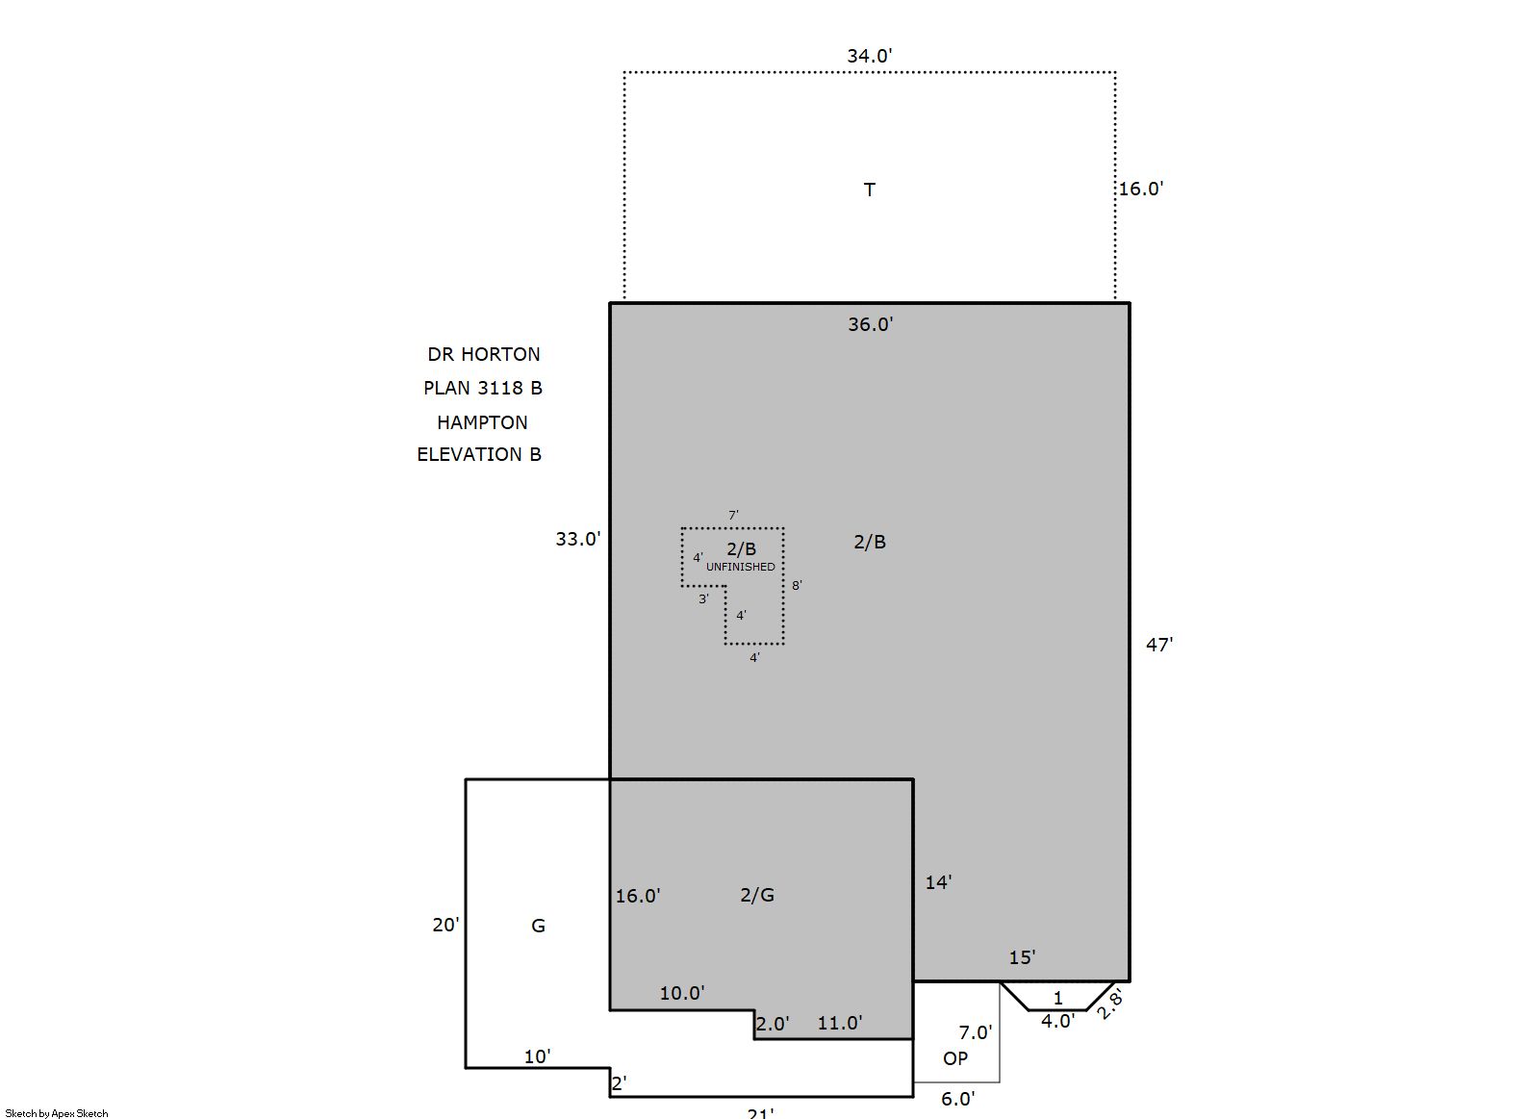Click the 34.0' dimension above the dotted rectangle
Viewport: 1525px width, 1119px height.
click(x=870, y=56)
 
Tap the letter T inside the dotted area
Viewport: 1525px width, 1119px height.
click(x=870, y=190)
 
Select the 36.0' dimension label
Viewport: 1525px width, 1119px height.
click(x=870, y=324)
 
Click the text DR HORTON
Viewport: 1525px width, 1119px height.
click(x=483, y=355)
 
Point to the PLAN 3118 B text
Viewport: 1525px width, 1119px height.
click(x=483, y=388)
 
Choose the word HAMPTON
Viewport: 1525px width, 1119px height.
click(x=482, y=422)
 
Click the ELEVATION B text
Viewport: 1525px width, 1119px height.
click(x=479, y=454)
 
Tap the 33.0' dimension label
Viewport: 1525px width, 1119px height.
click(x=578, y=539)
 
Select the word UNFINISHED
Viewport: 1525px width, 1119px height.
click(x=740, y=567)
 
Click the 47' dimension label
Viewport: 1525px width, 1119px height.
click(x=1159, y=645)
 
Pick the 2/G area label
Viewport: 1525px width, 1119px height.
click(x=757, y=895)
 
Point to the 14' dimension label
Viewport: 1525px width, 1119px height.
click(x=938, y=883)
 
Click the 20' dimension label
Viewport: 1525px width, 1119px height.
click(x=445, y=925)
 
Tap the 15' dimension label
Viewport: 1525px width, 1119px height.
click(x=1022, y=957)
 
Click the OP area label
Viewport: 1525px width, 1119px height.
click(x=955, y=1058)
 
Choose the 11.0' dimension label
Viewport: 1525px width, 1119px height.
click(x=839, y=1023)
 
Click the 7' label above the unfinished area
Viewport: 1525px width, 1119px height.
click(x=733, y=516)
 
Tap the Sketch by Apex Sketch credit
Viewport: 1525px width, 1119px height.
click(x=57, y=1113)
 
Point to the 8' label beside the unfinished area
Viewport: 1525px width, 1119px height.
click(x=797, y=585)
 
